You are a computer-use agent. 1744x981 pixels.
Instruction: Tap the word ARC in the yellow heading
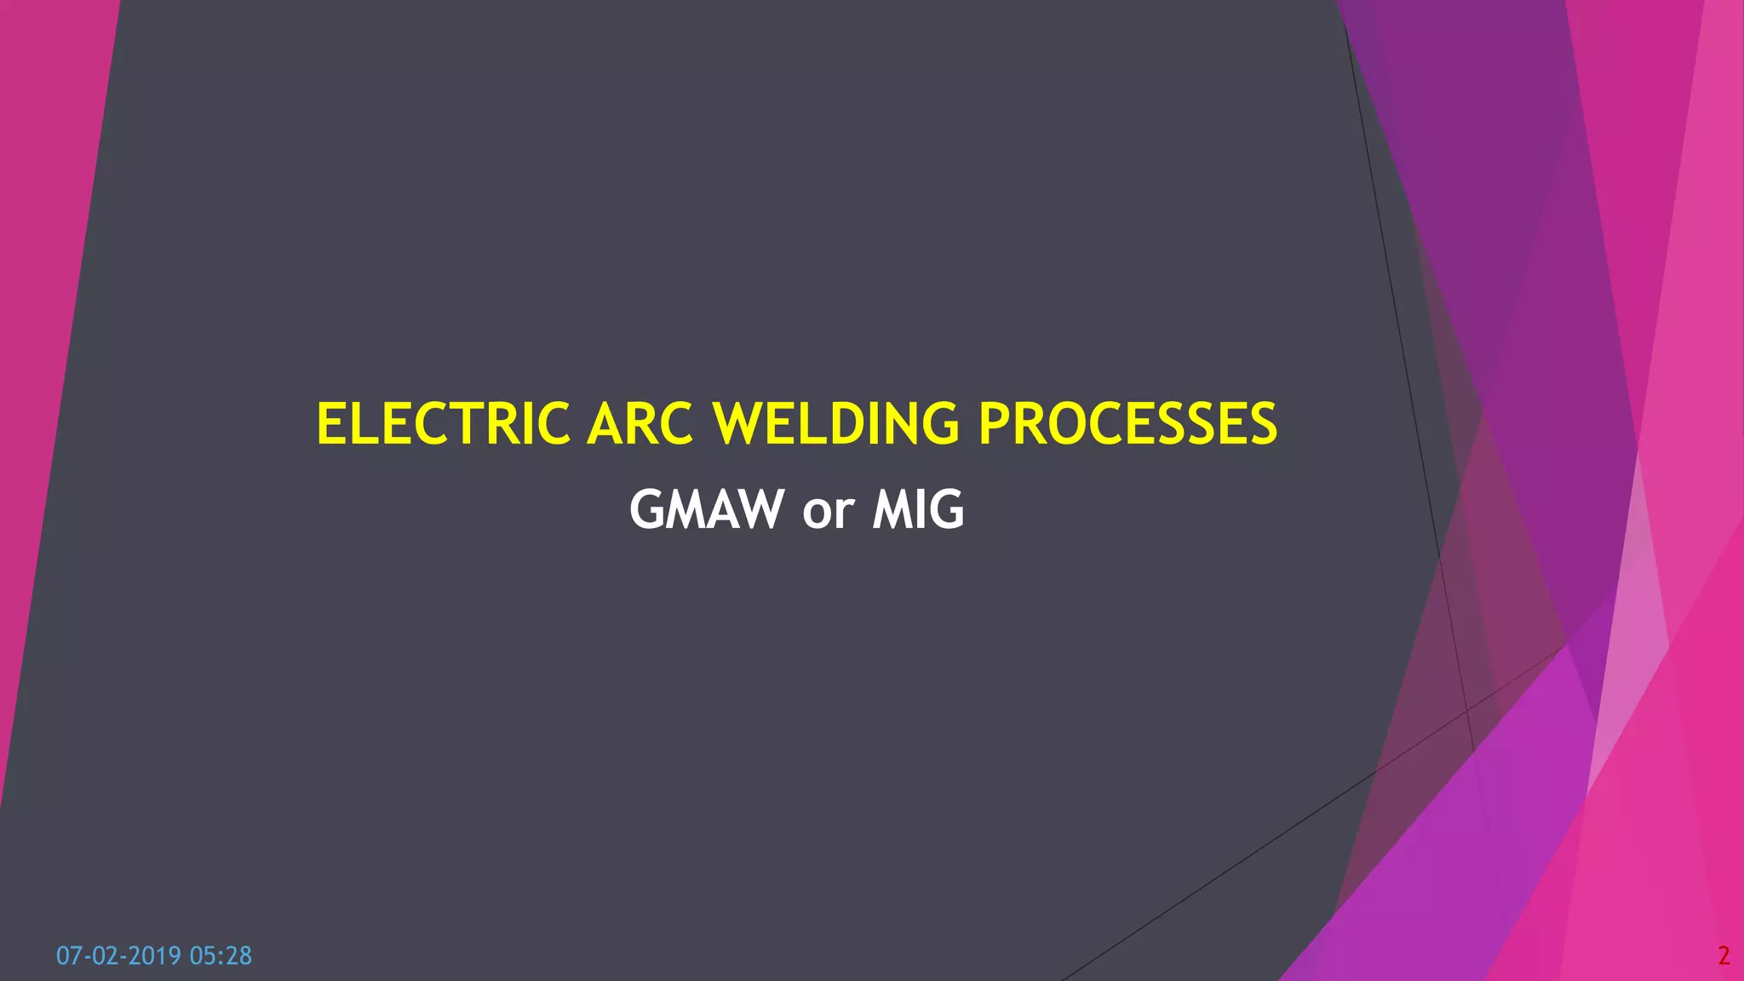point(640,424)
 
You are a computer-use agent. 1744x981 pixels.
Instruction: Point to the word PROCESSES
point(1127,424)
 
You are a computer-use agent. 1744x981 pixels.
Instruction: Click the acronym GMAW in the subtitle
point(706,510)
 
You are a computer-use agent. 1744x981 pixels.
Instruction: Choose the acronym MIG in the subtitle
point(918,510)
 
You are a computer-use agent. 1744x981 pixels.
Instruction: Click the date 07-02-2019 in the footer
point(118,956)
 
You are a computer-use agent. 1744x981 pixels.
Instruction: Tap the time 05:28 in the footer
point(221,956)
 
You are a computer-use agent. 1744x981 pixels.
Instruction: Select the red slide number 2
point(1724,956)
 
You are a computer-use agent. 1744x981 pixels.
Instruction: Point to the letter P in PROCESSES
point(995,424)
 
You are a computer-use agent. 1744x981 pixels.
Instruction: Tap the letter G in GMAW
point(647,510)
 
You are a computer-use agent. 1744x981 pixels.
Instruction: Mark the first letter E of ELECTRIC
point(330,424)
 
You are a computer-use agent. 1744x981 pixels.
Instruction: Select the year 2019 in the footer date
point(154,956)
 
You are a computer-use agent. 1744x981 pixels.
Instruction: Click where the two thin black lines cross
point(1466,709)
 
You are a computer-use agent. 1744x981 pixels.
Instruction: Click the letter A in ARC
point(605,424)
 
